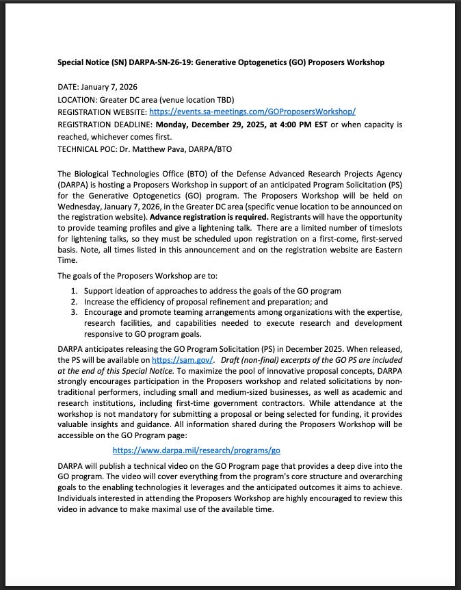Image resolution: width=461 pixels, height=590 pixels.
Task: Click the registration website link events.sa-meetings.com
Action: (252, 111)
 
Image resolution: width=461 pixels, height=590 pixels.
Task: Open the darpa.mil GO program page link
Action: (196, 450)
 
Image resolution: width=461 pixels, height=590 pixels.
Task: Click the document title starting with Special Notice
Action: (221, 62)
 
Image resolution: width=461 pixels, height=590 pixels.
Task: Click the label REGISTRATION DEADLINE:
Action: (105, 125)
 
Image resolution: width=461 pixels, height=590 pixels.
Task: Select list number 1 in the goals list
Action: (76, 291)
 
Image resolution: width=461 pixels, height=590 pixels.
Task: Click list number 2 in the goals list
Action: (76, 301)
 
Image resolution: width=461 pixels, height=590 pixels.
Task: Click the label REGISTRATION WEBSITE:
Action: (102, 111)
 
